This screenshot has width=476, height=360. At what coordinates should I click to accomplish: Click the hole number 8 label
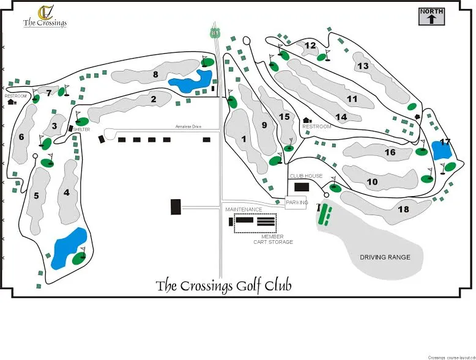coord(155,75)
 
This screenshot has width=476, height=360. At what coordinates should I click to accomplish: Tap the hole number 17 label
coord(445,142)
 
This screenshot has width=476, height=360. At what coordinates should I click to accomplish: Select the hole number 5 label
coord(36,196)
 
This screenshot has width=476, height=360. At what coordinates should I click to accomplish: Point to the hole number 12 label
coord(310,45)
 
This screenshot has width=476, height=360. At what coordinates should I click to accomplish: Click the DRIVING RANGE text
coord(385,257)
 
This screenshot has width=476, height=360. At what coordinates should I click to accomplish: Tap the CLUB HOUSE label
coord(306,176)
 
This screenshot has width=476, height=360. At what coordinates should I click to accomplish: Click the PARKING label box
coord(296,203)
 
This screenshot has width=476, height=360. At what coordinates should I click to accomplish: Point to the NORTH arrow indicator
coord(432,16)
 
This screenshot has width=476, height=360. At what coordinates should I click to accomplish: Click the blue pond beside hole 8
coord(190,82)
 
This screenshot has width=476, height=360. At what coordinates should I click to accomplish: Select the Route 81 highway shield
coord(214,32)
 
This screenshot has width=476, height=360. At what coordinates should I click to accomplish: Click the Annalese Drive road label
coord(188,127)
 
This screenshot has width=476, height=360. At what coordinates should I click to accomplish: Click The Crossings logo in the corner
coord(45,17)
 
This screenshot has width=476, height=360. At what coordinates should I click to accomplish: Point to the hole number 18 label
coord(403,210)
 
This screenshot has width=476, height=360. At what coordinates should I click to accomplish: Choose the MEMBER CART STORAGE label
coord(273,240)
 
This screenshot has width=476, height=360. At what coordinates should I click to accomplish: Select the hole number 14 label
coord(341,117)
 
